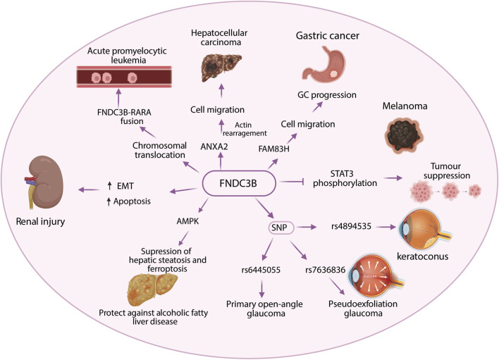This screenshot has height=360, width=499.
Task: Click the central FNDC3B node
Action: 239,183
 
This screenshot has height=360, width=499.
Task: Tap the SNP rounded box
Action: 280,228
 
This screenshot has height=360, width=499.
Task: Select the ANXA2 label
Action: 214,147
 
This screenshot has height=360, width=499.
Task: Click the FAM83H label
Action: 273,148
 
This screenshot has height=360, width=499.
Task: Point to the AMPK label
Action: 187,221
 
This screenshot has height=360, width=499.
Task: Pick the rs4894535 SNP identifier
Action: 351,226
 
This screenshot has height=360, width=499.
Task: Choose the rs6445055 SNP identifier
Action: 261,270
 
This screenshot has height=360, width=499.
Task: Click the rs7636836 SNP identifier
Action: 325,270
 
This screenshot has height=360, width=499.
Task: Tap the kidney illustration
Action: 45,182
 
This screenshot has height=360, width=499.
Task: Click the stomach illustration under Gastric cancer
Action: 324,63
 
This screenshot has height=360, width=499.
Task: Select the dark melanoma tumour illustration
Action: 404,135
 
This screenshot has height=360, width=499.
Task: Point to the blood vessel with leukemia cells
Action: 124,77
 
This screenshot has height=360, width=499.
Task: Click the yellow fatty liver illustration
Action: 152,290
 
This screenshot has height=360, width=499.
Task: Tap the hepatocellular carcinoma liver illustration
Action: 221,67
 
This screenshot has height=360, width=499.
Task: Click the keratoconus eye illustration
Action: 425,228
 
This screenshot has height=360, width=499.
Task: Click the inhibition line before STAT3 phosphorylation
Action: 292,182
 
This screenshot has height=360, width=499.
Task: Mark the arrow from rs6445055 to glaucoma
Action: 261,289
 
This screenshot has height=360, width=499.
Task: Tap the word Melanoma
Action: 405,106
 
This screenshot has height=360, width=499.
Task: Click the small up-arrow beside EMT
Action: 110,186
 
